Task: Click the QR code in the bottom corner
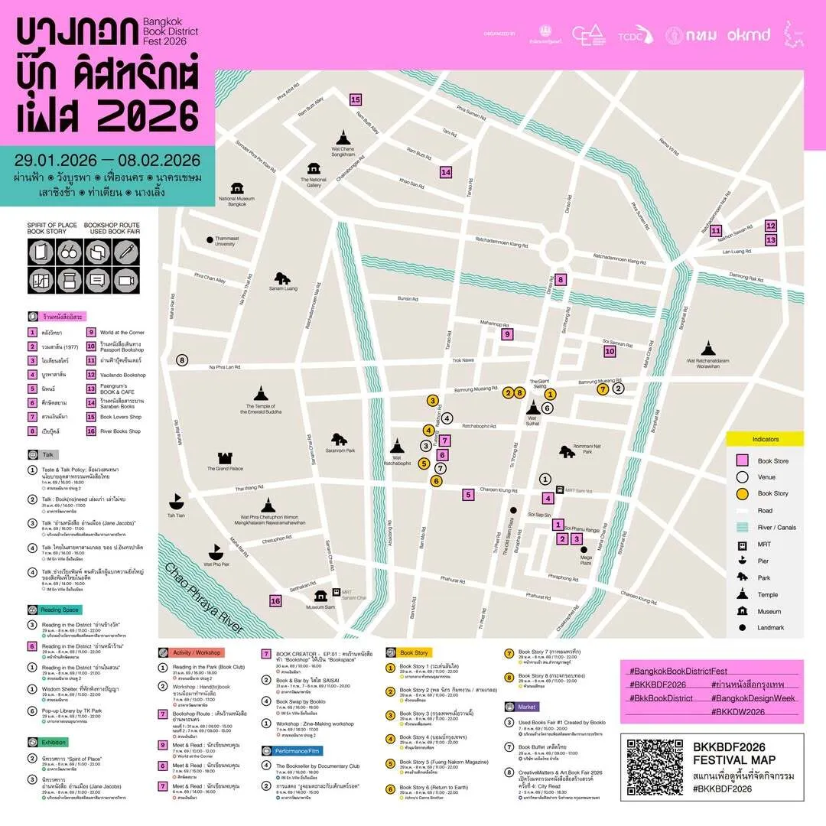(x=655, y=767)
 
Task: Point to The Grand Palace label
(x=225, y=469)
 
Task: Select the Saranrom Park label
(x=340, y=450)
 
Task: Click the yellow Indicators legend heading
(x=765, y=440)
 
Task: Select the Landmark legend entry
(x=770, y=628)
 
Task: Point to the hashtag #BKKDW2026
(x=740, y=711)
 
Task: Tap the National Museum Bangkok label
(x=236, y=201)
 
